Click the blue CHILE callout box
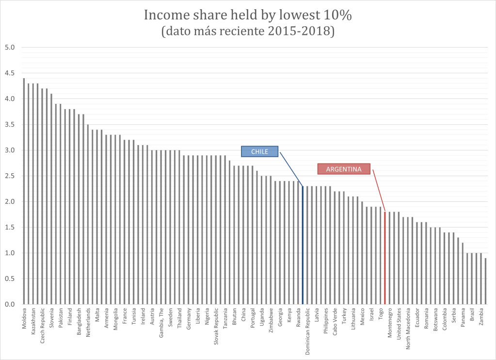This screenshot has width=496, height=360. [x=259, y=152]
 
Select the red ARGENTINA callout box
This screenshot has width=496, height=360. [x=344, y=169]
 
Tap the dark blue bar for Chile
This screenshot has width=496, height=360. [x=303, y=245]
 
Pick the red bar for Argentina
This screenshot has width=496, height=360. [x=385, y=258]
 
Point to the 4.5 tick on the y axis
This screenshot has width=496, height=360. [x=10, y=73]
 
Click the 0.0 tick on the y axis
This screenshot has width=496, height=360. [x=10, y=304]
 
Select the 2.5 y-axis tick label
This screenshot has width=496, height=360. [x=10, y=176]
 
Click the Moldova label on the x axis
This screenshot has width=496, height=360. [x=24, y=318]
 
